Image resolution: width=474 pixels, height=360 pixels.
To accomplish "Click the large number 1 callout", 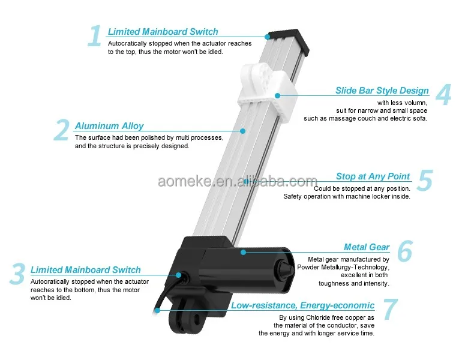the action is (x=94, y=36).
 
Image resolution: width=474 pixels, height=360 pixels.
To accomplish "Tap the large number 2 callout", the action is (x=62, y=130).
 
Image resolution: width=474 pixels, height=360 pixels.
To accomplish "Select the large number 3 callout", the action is (x=17, y=274).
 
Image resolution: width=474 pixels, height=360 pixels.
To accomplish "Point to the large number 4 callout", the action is (x=443, y=94).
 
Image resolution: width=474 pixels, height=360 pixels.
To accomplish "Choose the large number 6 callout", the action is (x=404, y=251).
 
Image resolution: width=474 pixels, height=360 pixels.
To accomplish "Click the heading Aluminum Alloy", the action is (x=109, y=126).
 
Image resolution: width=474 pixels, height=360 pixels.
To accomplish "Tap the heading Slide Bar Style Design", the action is (x=382, y=91).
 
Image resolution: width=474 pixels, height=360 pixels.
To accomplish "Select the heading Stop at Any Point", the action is (x=373, y=176).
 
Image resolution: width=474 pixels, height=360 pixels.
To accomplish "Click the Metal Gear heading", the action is (x=367, y=247).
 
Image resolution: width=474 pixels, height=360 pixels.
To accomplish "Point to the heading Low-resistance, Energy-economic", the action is (x=303, y=305).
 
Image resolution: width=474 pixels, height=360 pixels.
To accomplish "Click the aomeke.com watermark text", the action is (x=237, y=181).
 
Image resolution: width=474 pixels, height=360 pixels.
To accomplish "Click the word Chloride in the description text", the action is (x=320, y=317).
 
